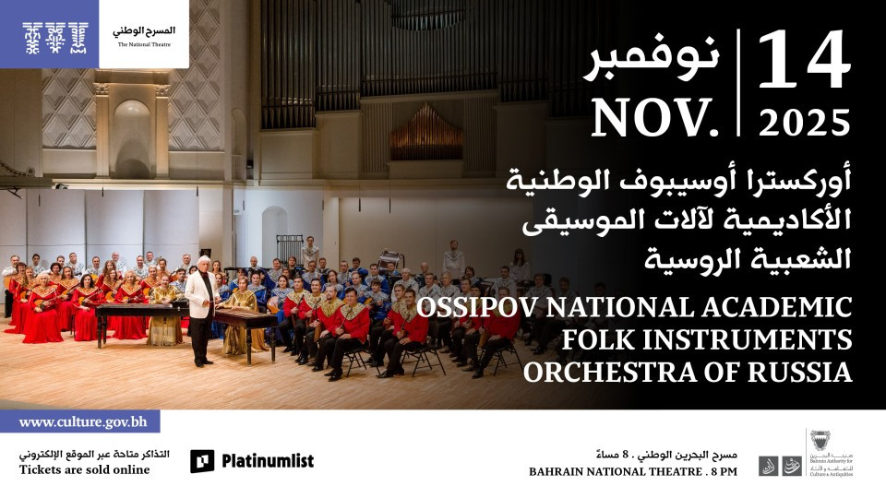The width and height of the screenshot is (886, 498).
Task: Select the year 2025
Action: click(x=802, y=121)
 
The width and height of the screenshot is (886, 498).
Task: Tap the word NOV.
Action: click(x=655, y=117)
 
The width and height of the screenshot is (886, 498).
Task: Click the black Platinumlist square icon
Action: click(x=202, y=461)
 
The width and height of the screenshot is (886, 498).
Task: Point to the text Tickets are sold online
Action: click(x=84, y=470)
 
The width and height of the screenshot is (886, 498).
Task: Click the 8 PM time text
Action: click(x=723, y=472)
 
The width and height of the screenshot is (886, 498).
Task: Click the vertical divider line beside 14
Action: click(x=739, y=83)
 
